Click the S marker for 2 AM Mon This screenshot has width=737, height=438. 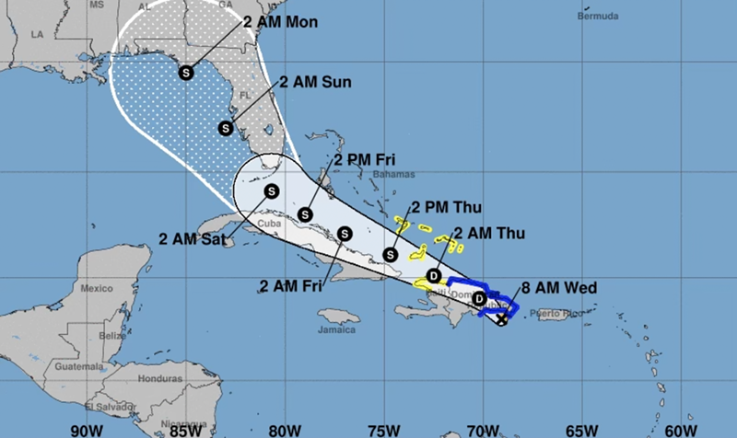pos(187,71)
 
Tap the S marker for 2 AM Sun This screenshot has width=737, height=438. pos(226,128)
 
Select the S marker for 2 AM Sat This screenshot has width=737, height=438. pos(271,191)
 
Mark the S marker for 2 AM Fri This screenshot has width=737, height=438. pos(345,233)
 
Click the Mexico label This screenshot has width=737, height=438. pos(96,288)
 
